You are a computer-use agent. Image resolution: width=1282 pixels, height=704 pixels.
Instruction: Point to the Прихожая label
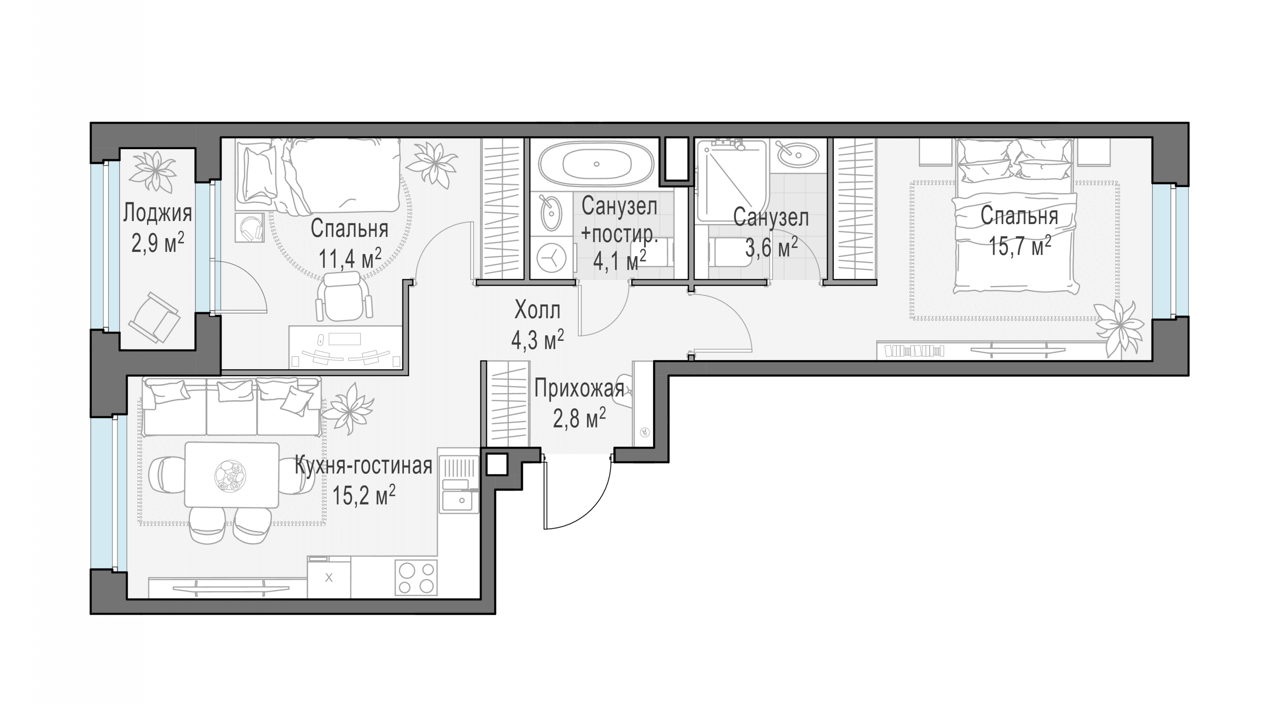coord(579,389)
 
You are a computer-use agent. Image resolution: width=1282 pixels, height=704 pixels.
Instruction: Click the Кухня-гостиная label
coord(363,466)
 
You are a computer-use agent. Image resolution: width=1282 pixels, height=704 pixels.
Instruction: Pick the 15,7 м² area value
coord(1020,246)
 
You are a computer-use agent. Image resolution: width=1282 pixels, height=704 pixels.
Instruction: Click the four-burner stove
coord(416,578)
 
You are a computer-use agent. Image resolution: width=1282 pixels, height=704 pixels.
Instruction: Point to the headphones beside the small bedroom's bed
coord(249,228)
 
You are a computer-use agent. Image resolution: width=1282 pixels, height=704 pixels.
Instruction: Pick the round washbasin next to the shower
coord(798,155)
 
